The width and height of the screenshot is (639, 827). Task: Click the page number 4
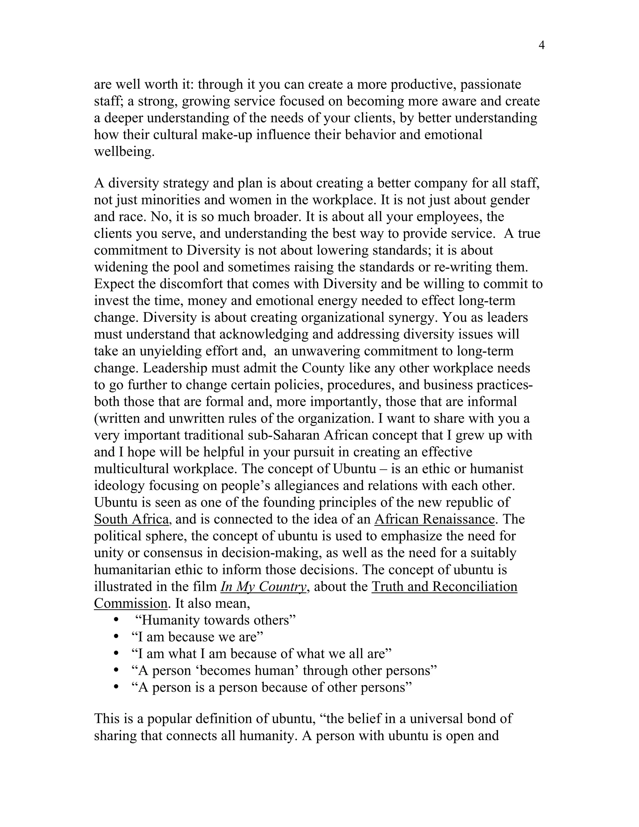[x=541, y=46]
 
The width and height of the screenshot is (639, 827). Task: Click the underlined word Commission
[x=131, y=603]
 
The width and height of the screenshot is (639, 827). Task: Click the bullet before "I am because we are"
[x=116, y=637]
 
